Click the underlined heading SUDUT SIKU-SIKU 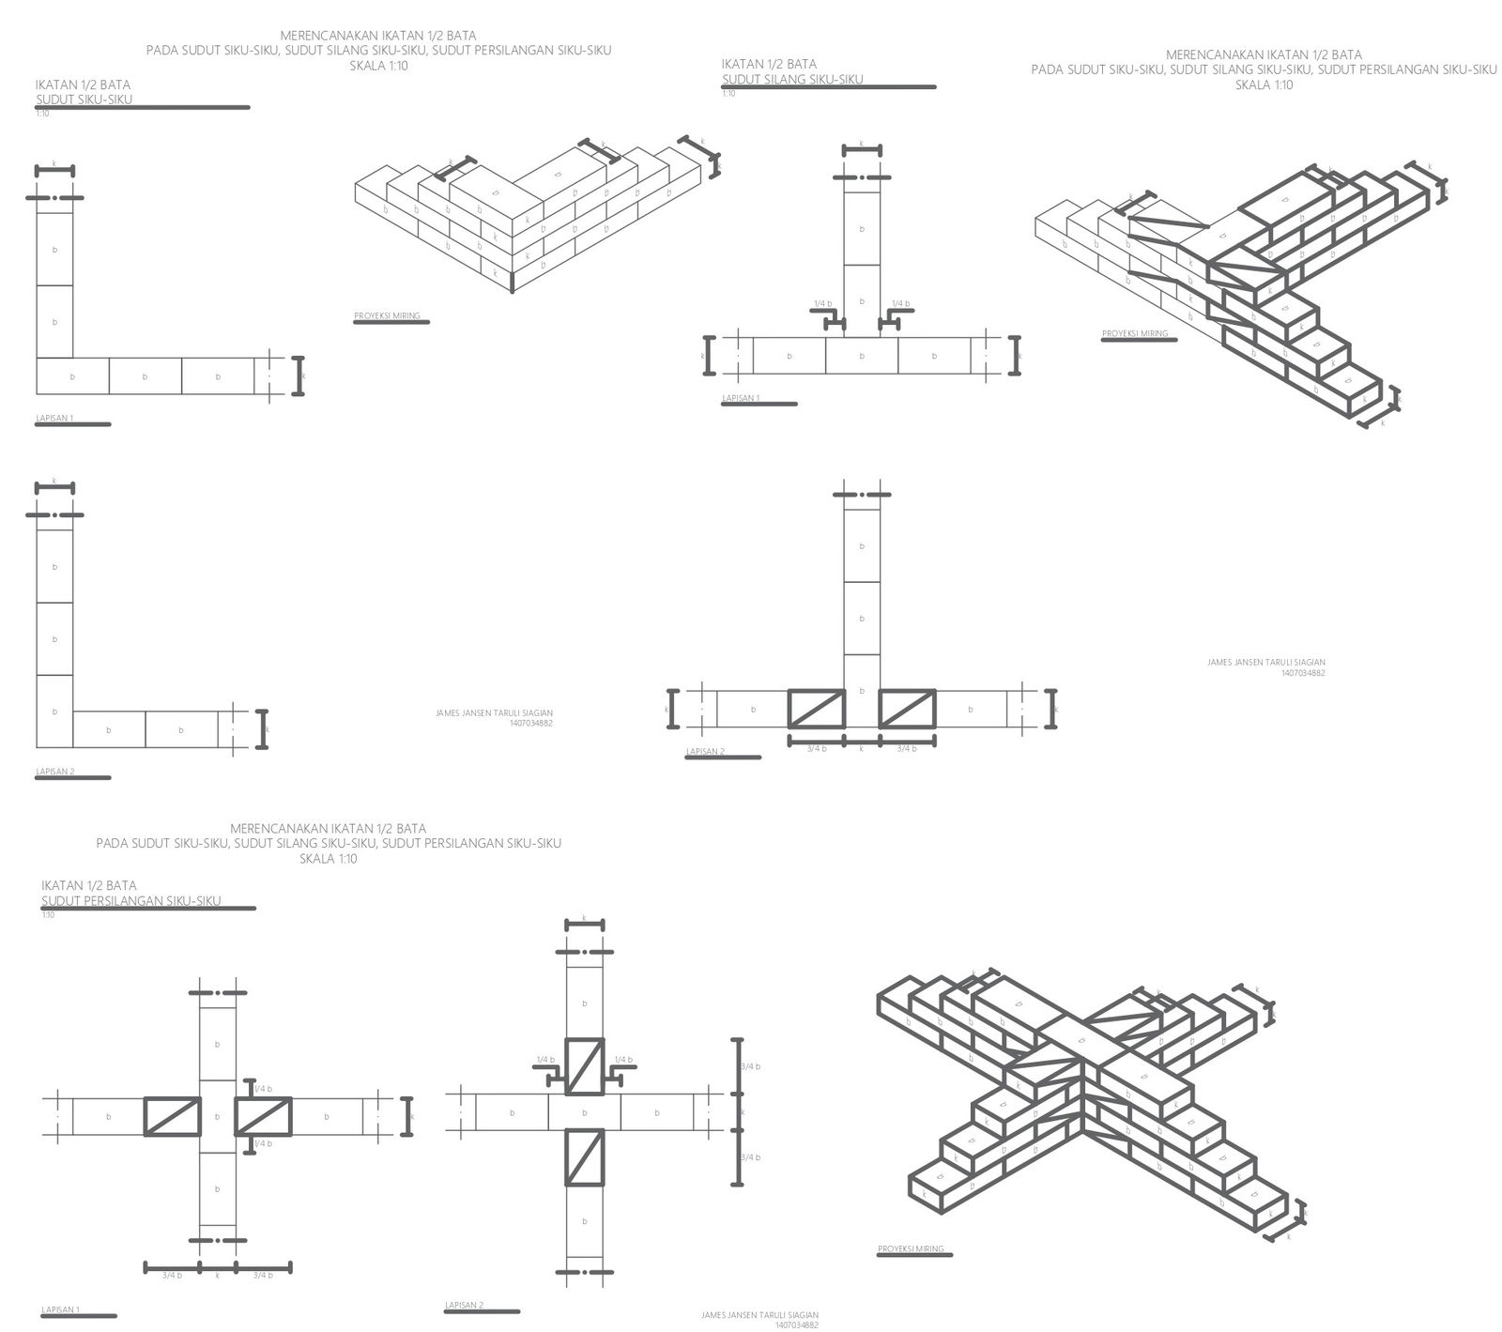[x=84, y=100]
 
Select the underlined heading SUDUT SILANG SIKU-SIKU [x=792, y=79]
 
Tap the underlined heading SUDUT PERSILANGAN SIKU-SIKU [x=131, y=900]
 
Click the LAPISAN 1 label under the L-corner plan [x=54, y=418]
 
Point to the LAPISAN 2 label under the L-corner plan [x=54, y=772]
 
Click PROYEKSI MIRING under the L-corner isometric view [x=387, y=316]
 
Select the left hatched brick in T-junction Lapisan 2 [x=815, y=709]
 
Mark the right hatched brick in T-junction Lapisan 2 [x=907, y=709]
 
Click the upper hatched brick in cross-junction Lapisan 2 [x=584, y=1066]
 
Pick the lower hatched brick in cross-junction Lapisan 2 [x=584, y=1157]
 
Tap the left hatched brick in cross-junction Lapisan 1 [x=172, y=1116]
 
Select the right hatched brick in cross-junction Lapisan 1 [x=263, y=1116]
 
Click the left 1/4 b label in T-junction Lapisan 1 [x=822, y=303]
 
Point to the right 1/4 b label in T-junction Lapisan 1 [x=900, y=303]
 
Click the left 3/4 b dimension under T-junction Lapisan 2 [x=816, y=748]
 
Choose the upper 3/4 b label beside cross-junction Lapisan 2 [x=750, y=1066]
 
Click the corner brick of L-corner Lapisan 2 [x=54, y=712]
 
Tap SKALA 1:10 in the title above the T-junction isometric [x=1264, y=84]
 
